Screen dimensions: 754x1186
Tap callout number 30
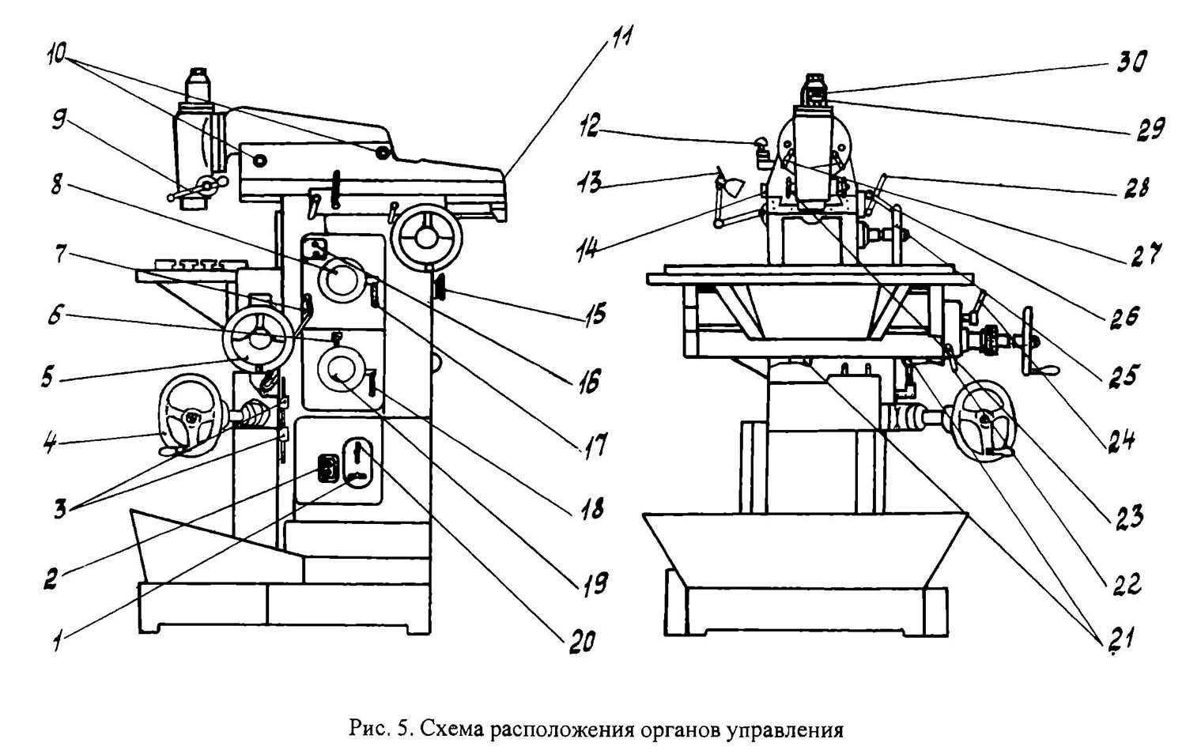pos(1131,62)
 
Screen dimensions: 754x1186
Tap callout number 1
pos(58,639)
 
